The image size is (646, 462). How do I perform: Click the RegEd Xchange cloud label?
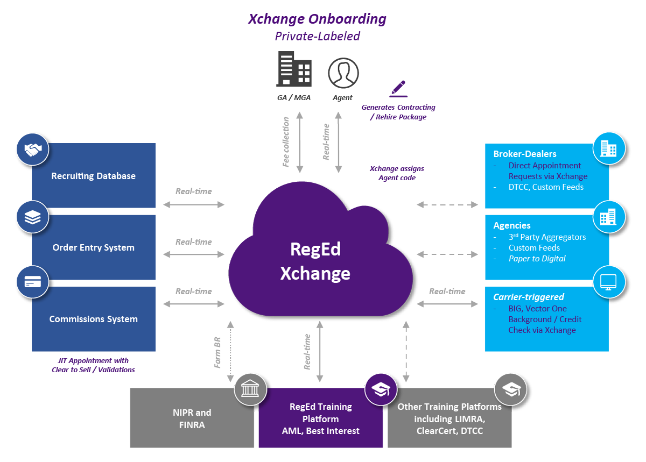[x=315, y=261]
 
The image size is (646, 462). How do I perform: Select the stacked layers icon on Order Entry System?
[x=32, y=217]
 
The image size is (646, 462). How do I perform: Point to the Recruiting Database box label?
[x=93, y=176]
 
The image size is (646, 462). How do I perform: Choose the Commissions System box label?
[x=93, y=319]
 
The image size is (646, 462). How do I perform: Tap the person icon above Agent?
[x=343, y=73]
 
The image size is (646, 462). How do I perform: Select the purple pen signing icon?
[x=398, y=88]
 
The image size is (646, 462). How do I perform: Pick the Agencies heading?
[x=512, y=225]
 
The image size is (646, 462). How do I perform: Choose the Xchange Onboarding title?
[x=317, y=19]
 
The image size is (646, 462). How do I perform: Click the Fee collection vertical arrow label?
[x=286, y=141]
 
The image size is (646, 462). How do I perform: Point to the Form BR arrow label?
[x=218, y=353]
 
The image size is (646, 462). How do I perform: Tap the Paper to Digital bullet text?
[x=537, y=258]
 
